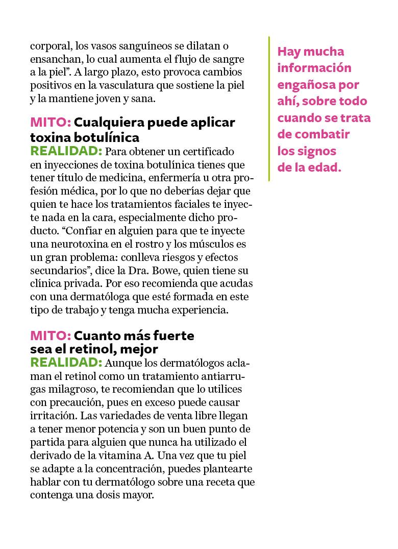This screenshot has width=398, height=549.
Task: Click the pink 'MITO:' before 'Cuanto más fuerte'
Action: [x=51, y=336]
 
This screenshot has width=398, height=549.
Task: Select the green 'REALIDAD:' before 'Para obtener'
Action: [x=66, y=151]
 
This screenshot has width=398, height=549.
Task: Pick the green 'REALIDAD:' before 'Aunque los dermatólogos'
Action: [x=66, y=362]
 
